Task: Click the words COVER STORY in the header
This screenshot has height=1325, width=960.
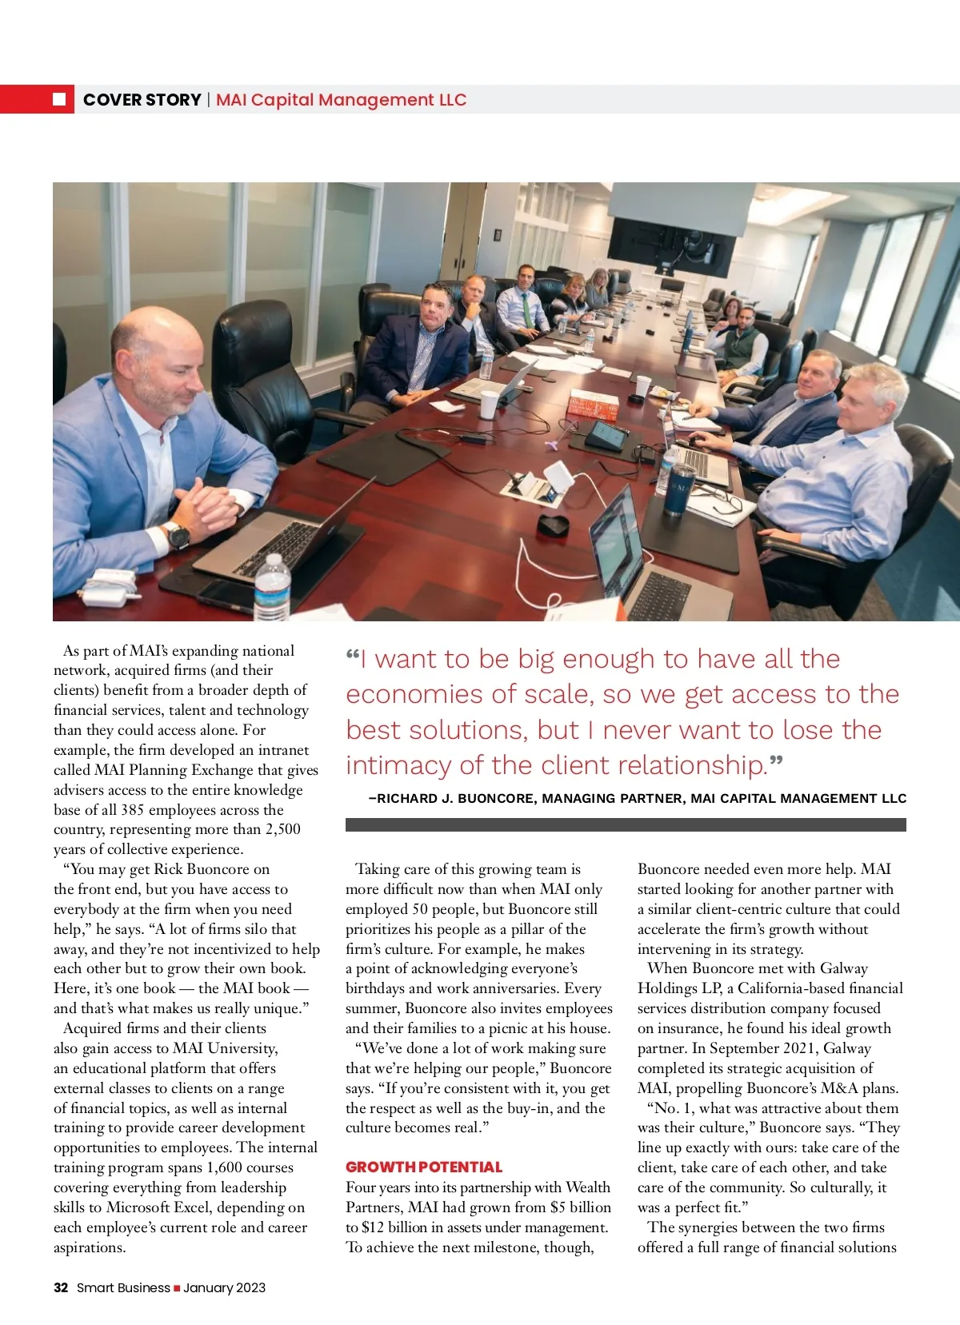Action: pyautogui.click(x=142, y=100)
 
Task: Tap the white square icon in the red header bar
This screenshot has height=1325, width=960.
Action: pyautogui.click(x=59, y=99)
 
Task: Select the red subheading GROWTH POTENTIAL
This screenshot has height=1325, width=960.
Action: pyautogui.click(x=424, y=1167)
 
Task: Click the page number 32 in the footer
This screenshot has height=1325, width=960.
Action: pyautogui.click(x=61, y=1287)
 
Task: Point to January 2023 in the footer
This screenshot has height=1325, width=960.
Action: pyautogui.click(x=224, y=1287)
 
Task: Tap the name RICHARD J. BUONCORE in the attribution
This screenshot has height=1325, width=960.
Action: pyautogui.click(x=455, y=798)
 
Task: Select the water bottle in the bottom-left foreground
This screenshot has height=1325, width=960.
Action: pyautogui.click(x=272, y=588)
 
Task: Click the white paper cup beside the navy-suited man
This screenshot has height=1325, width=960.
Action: pyautogui.click(x=489, y=405)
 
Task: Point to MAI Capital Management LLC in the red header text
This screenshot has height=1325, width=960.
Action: pyautogui.click(x=341, y=100)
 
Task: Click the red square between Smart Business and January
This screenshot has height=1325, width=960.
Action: pyautogui.click(x=177, y=1288)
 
